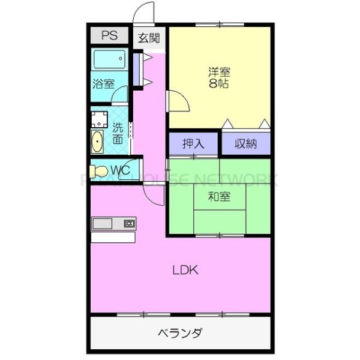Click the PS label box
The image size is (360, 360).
[x=109, y=35]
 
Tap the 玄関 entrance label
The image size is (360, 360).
[x=149, y=38]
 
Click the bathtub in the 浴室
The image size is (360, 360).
[x=110, y=59]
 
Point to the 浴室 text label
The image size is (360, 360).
[x=103, y=84]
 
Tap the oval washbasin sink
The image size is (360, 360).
[x=97, y=143]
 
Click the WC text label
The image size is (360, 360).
[x=121, y=170]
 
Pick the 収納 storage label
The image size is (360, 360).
[x=245, y=143]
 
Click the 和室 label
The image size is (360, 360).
[x=219, y=196]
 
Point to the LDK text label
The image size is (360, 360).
[x=185, y=270]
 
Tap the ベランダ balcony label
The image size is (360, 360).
[x=180, y=333]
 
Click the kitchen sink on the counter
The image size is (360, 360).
[x=102, y=224]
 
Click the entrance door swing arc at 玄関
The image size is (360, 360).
[x=145, y=13]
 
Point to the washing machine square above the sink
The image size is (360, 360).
[x=98, y=118]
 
